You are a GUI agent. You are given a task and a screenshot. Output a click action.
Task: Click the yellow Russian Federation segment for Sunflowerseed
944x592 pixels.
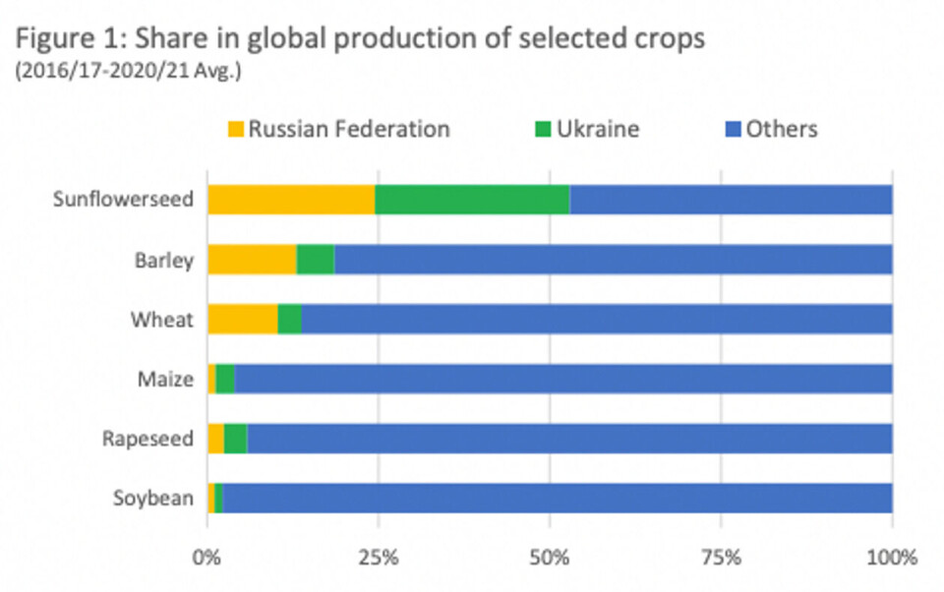pyautogui.click(x=291, y=200)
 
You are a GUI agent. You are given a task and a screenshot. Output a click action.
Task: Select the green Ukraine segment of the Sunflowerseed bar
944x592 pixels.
pyautogui.click(x=472, y=200)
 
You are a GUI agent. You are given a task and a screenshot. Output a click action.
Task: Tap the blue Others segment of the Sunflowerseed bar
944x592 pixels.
pyautogui.click(x=731, y=200)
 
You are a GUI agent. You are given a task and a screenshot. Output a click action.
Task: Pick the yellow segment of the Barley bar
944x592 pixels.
pyautogui.click(x=252, y=260)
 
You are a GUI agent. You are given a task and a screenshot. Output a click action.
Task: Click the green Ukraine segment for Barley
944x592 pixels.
pyautogui.click(x=316, y=260)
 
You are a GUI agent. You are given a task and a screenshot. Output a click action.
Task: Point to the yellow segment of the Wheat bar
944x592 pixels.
pyautogui.click(x=242, y=320)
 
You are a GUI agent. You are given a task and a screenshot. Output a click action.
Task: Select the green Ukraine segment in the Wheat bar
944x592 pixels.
pyautogui.click(x=290, y=320)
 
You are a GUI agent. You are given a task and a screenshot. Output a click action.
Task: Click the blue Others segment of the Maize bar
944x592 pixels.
pyautogui.click(x=563, y=379)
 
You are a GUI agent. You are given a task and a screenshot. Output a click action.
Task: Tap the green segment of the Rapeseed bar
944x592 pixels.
pyautogui.click(x=236, y=439)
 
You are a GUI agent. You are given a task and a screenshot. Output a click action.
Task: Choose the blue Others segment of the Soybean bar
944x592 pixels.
pyautogui.click(x=558, y=498)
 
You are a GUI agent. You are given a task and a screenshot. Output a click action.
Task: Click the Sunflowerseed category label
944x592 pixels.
pyautogui.click(x=123, y=201)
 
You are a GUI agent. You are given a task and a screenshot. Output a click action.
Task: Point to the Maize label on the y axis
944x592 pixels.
pyautogui.click(x=165, y=379)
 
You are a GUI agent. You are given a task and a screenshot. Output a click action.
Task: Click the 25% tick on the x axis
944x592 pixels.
pyautogui.click(x=379, y=558)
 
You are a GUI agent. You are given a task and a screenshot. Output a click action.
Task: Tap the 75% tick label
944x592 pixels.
pyautogui.click(x=721, y=558)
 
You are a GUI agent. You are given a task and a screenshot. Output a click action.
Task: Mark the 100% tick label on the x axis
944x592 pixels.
pyautogui.click(x=891, y=558)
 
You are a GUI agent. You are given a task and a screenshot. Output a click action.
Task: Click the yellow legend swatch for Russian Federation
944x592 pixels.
pyautogui.click(x=236, y=129)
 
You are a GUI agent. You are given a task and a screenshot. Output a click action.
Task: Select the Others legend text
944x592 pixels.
pyautogui.click(x=782, y=129)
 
